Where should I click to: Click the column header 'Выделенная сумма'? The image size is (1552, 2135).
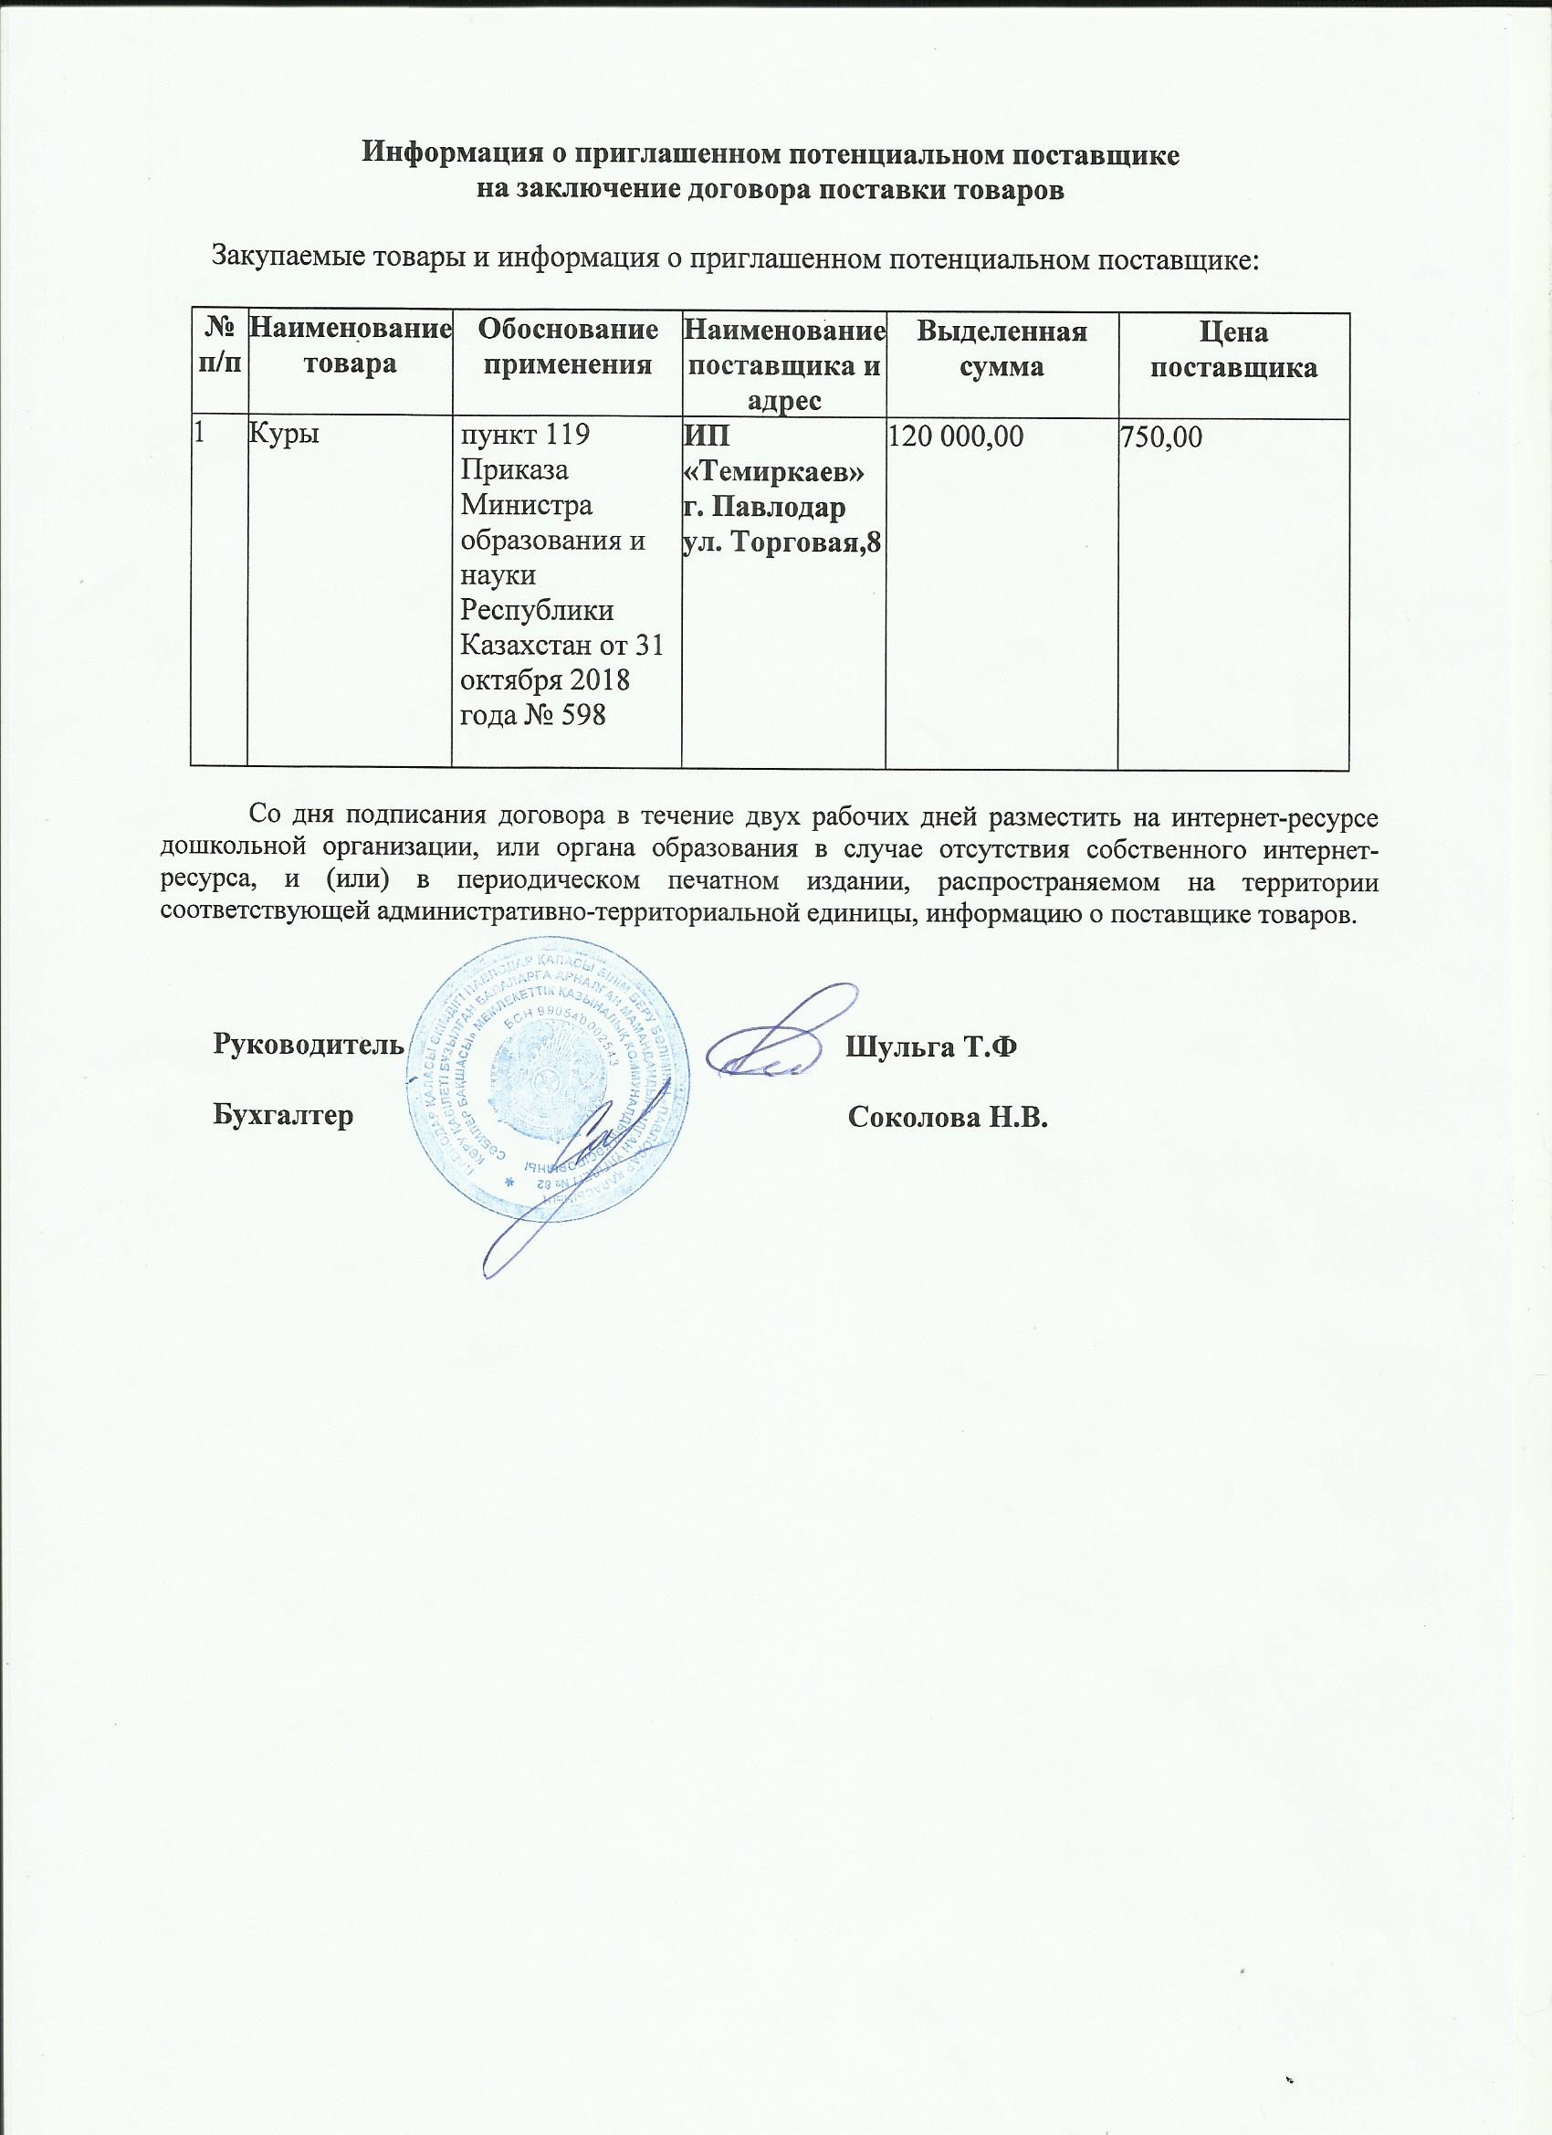(1001, 348)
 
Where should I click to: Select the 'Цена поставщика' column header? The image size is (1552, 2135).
(1234, 348)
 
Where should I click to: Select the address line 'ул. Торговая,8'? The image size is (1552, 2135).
(782, 542)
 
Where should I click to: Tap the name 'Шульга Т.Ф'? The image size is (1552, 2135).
(931, 1045)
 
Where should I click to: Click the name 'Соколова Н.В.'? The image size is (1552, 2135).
(948, 1118)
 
